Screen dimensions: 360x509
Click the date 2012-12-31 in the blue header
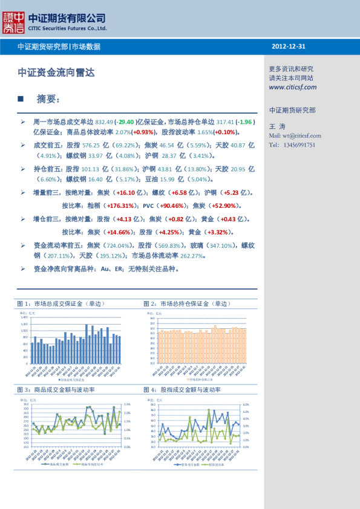pyautogui.click(x=289, y=47)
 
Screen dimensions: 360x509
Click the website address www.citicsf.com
pyautogui.click(x=293, y=87)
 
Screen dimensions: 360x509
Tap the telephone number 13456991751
pyautogui.click(x=301, y=145)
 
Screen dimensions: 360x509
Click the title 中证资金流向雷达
pyautogui.click(x=56, y=73)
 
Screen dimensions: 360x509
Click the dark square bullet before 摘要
pyautogui.click(x=21, y=98)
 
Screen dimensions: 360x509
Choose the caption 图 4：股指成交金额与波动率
pyautogui.click(x=182, y=390)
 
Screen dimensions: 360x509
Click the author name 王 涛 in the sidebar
pyautogui.click(x=276, y=126)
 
